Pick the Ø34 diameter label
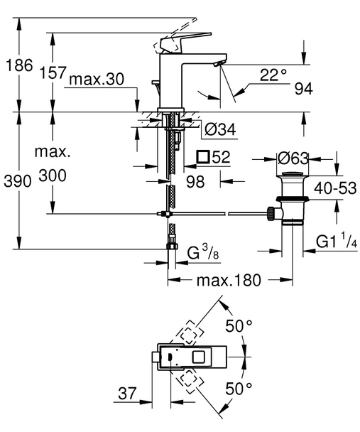coord(219,129)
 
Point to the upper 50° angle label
coord(239,326)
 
